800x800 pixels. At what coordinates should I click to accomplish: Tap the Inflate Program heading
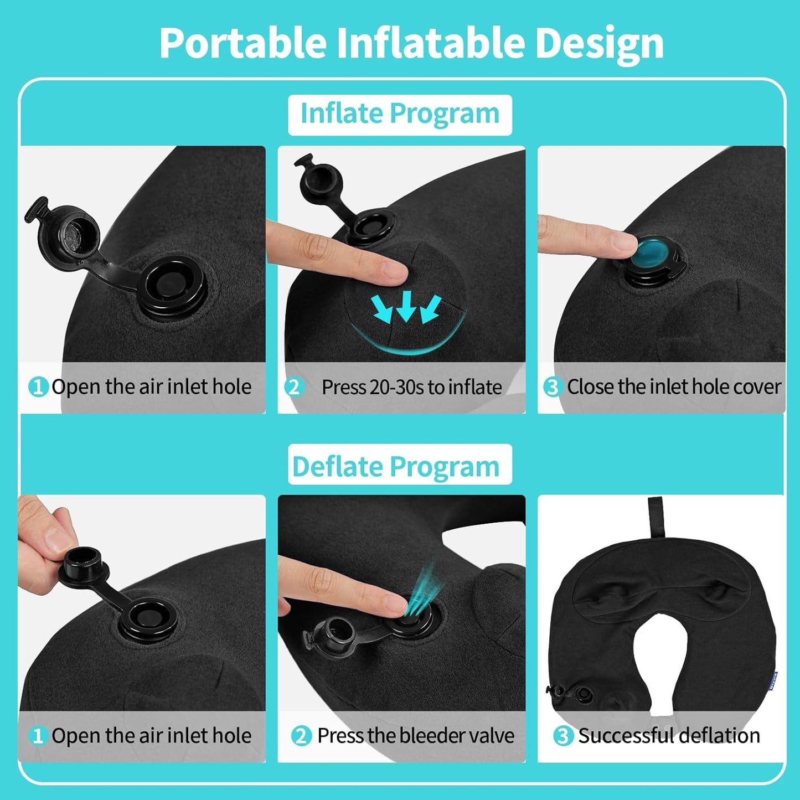coord(400,114)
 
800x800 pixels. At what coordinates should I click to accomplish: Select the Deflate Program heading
coord(396,466)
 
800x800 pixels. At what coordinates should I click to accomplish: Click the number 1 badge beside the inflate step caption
coord(38,386)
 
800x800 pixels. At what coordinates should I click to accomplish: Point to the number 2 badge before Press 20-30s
coord(294,386)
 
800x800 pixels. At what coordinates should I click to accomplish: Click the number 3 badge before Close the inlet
coord(552,386)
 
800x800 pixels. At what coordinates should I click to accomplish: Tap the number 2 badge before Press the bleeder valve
coord(301,736)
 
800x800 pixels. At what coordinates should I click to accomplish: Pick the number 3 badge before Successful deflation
coord(562,736)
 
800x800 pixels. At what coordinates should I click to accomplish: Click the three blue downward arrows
coord(407,308)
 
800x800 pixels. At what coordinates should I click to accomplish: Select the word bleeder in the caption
coord(424,736)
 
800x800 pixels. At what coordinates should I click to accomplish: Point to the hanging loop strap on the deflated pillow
coord(656,517)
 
